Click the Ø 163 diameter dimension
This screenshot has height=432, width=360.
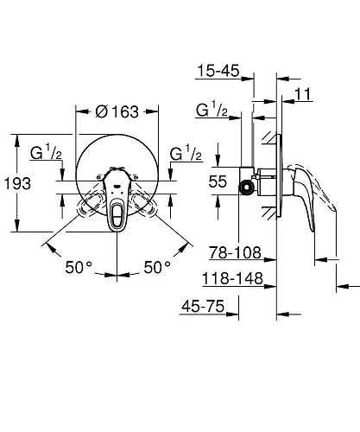click(118, 111)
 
